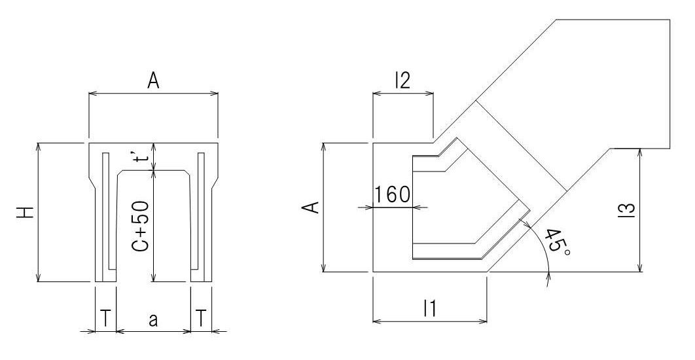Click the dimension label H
tap(27, 212)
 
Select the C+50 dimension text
tap(141, 226)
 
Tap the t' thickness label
tap(141, 155)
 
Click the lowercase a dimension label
tap(153, 319)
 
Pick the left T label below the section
tap(105, 318)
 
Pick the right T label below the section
tap(201, 318)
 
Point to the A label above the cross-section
tap(153, 81)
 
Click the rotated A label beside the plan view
tap(313, 207)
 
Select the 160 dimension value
tap(393, 194)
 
